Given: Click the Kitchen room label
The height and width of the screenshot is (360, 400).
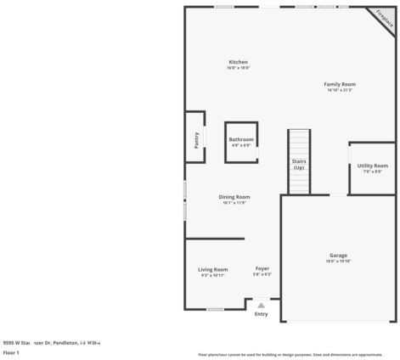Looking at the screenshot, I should (238, 63).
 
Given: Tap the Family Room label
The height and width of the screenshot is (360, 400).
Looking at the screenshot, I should (340, 84).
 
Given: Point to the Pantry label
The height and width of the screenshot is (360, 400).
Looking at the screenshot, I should (195, 139).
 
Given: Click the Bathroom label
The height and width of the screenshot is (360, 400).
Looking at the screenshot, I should (241, 139).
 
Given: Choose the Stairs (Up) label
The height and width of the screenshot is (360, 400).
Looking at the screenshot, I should (299, 164).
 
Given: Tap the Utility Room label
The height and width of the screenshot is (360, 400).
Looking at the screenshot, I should (372, 166).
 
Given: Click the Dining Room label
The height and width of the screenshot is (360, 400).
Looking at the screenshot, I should (234, 197).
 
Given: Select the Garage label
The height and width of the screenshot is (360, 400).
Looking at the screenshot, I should (338, 255).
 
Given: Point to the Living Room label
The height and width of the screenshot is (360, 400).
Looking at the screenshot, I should (213, 269).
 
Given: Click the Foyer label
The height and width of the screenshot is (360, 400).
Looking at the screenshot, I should (262, 269).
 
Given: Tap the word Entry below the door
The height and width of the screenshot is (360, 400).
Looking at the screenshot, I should (261, 314).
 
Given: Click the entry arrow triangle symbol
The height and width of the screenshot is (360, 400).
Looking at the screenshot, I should (261, 305).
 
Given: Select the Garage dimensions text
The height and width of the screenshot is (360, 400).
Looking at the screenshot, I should (338, 262).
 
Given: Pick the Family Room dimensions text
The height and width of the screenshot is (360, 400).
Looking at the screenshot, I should (340, 90).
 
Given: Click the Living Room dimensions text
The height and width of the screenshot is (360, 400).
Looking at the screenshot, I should (213, 275).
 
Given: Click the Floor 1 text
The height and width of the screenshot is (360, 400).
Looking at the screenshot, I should (11, 352).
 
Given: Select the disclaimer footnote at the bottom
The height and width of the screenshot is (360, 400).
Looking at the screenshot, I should (290, 354).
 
